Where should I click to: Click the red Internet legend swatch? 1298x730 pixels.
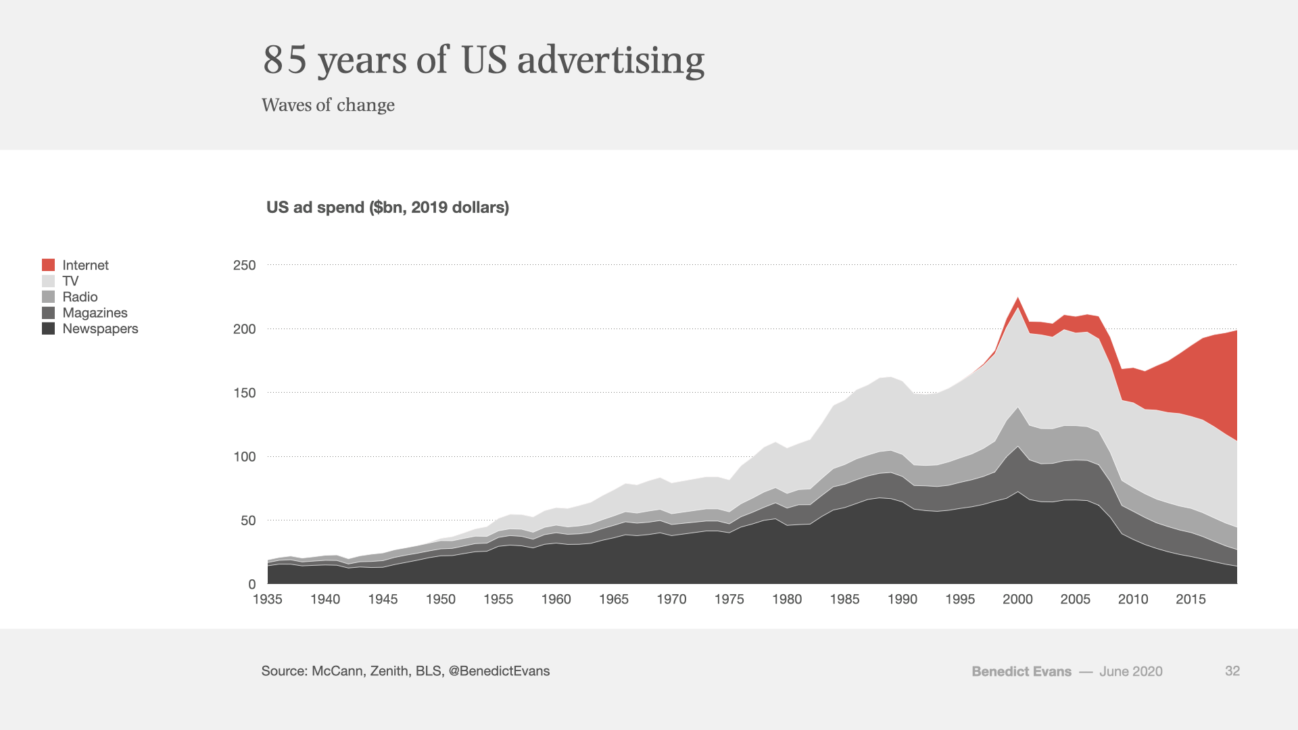pos(48,265)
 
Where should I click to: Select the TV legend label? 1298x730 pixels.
pos(70,281)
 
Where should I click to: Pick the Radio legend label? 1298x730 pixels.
pos(80,297)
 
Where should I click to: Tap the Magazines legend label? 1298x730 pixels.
pos(95,313)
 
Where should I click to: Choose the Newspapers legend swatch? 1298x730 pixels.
pos(48,328)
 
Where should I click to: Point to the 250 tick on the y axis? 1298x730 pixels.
pos(244,265)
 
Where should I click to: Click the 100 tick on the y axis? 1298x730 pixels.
pos(244,457)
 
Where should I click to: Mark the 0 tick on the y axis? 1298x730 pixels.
pos(251,584)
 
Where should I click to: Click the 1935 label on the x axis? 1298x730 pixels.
pos(268,599)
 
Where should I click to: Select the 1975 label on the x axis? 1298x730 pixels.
pos(729,599)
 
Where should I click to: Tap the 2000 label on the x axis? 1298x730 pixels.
pos(1017,599)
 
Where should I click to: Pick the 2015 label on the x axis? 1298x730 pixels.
pos(1191,599)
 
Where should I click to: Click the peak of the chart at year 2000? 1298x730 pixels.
pos(1017,298)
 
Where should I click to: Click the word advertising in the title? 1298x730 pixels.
pos(610,59)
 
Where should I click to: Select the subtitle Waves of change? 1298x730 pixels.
pos(328,105)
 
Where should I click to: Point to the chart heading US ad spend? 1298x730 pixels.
pos(387,208)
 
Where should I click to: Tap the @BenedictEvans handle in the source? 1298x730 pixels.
pos(499,671)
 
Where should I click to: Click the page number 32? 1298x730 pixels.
pos(1232,671)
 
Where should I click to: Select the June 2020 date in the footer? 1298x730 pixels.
pos(1130,672)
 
